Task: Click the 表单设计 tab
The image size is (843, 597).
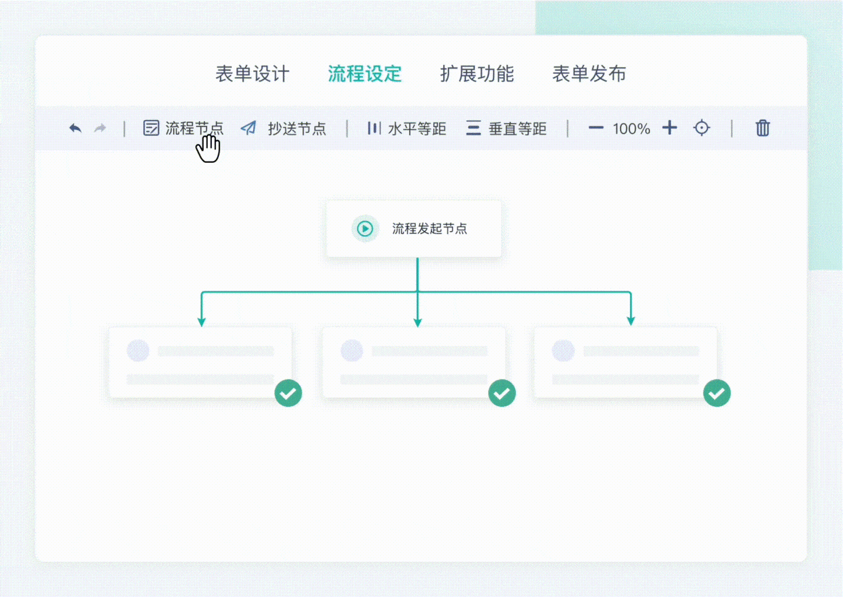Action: click(x=252, y=74)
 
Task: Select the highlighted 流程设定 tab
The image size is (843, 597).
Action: click(x=365, y=74)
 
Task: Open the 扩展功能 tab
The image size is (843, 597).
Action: click(x=477, y=74)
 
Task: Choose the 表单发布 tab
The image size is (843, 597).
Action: click(x=589, y=74)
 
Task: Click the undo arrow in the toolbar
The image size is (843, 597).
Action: click(x=75, y=128)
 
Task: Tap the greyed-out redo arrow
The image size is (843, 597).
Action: click(x=100, y=128)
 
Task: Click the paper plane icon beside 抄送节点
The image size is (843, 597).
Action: click(x=249, y=128)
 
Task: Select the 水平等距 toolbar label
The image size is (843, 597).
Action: click(x=417, y=129)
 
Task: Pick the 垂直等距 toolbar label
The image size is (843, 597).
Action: click(x=517, y=129)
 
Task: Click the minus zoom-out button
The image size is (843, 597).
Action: click(x=596, y=128)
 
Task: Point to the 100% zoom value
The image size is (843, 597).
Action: click(x=631, y=129)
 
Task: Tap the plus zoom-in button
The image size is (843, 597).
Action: click(x=670, y=128)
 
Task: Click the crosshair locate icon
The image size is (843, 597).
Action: click(x=702, y=128)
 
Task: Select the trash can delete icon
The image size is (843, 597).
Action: click(x=763, y=128)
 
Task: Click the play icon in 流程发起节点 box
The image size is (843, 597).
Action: click(x=365, y=228)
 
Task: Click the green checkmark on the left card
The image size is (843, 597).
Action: click(x=288, y=393)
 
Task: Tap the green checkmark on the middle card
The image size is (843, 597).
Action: click(x=502, y=393)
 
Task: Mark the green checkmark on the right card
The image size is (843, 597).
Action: click(x=717, y=393)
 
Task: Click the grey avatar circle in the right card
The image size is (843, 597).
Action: click(x=563, y=351)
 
